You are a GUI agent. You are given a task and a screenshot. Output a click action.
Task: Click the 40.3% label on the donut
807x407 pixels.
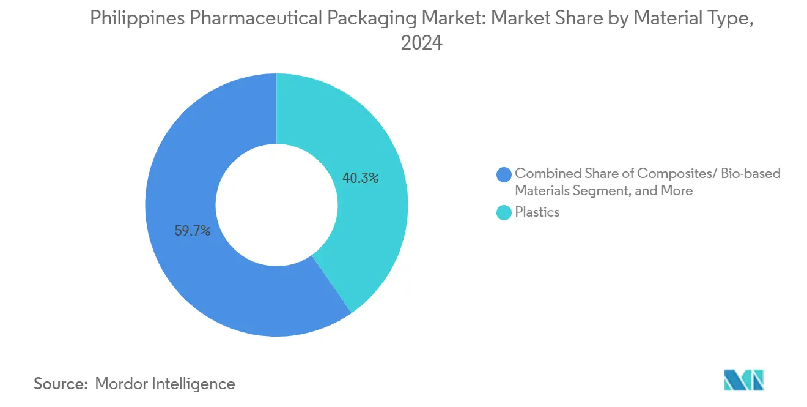[x=361, y=179]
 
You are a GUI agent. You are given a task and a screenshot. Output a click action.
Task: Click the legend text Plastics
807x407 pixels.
[x=537, y=212]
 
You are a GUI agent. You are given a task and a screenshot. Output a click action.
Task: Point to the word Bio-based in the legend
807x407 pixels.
[x=751, y=173]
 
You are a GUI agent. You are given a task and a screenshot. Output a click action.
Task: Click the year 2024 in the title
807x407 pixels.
[x=421, y=43]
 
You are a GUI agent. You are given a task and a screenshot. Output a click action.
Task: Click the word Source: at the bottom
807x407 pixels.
[x=61, y=384]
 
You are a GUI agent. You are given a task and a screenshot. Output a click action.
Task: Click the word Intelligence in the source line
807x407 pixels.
[x=196, y=384]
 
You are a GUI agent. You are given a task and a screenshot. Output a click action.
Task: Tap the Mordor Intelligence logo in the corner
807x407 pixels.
[x=743, y=380]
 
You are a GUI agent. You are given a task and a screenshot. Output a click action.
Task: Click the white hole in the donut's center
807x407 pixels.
[x=276, y=205]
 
